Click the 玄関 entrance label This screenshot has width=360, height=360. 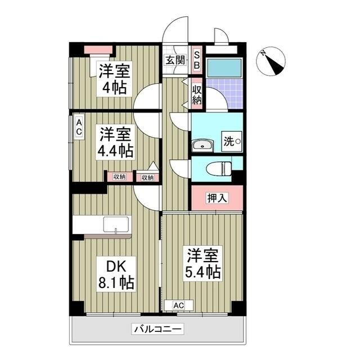tap(174, 61)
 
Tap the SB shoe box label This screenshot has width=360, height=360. tap(196, 60)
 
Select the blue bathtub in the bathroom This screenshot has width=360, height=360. tap(224, 67)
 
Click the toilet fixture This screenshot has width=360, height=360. tap(219, 168)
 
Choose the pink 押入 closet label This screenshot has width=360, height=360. tap(217, 197)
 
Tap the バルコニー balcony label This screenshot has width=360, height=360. tap(157, 329)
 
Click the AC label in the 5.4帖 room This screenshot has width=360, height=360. tap(178, 305)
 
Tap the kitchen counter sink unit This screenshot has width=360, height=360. tap(102, 225)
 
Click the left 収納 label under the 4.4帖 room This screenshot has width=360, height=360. tap(120, 177)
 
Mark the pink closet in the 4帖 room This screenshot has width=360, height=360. tap(99, 49)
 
